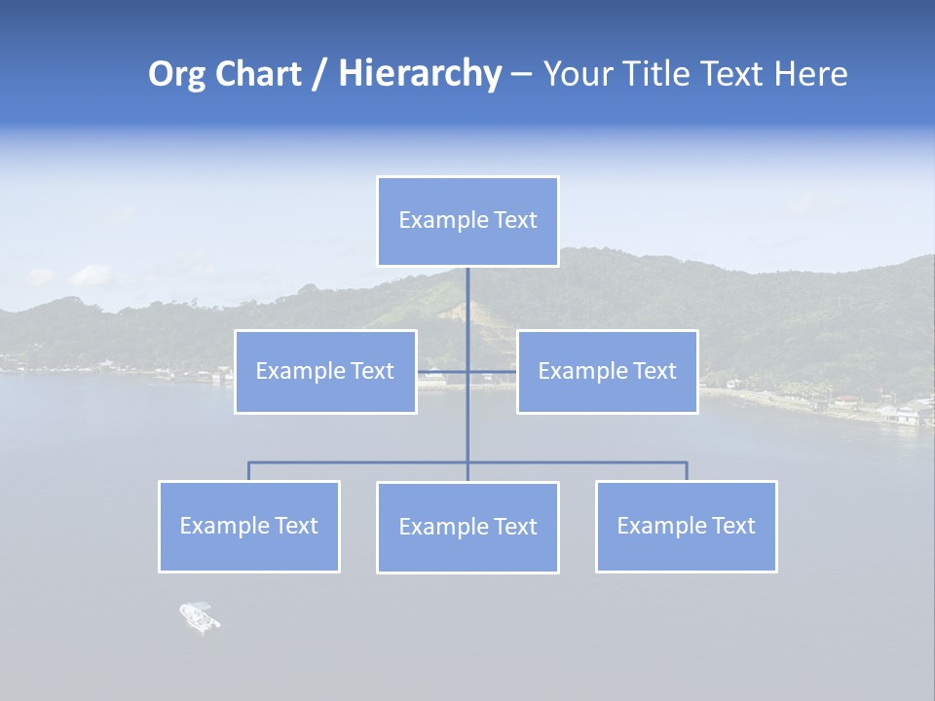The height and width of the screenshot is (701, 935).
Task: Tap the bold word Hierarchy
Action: (x=419, y=74)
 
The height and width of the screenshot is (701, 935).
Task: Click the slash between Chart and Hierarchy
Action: (x=318, y=75)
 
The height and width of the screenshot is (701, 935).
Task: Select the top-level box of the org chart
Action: (x=467, y=221)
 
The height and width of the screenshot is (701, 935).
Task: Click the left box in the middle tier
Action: (x=325, y=371)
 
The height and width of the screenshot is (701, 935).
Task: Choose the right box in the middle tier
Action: (x=608, y=371)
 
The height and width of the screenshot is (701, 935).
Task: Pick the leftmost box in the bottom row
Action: (x=249, y=526)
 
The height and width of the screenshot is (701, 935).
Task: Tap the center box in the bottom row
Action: (x=467, y=527)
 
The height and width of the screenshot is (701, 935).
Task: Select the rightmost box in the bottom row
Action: (x=687, y=526)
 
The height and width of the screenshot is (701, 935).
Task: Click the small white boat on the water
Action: (x=199, y=616)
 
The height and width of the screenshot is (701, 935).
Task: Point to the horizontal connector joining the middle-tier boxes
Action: (x=443, y=371)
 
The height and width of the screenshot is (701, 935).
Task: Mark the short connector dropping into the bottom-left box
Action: (x=249, y=471)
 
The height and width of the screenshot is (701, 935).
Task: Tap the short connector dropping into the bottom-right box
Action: (x=687, y=471)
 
